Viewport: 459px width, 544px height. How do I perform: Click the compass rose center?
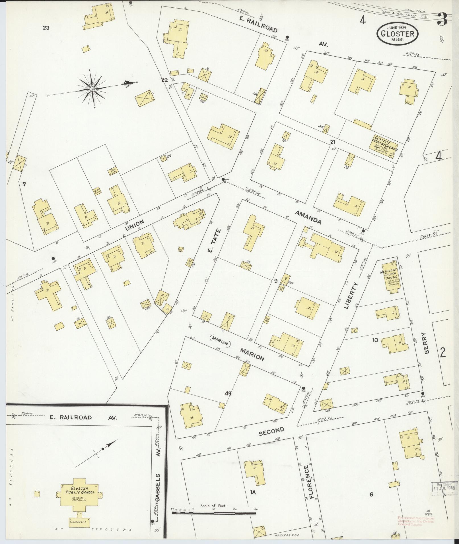(92, 89)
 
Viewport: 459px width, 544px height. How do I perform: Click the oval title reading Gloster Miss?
(398, 33)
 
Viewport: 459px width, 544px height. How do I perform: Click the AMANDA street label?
(308, 217)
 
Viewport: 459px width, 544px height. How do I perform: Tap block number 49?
(228, 394)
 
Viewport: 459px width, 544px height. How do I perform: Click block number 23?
(46, 28)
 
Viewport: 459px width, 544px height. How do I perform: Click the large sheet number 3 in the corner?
(443, 19)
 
